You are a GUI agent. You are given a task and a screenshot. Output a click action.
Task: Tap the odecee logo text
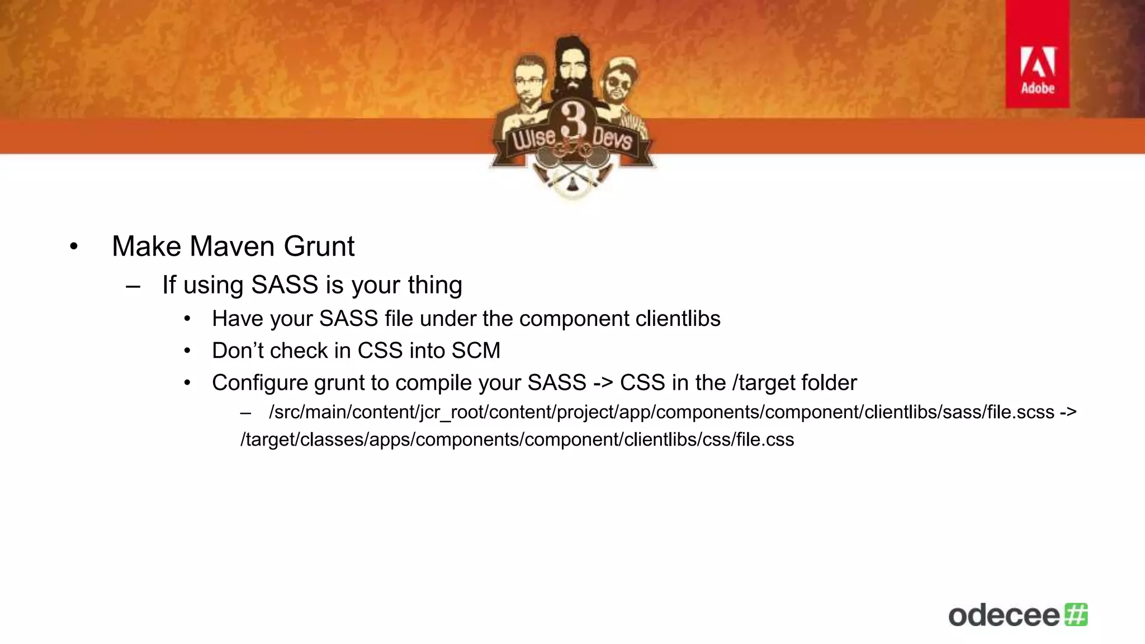point(1004,615)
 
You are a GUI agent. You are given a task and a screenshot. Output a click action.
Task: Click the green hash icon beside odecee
point(1076,614)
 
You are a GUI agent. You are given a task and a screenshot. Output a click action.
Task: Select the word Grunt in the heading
point(319,246)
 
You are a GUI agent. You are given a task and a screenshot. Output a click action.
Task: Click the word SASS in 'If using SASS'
point(285,285)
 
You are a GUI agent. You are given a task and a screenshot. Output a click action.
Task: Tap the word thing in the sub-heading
point(434,285)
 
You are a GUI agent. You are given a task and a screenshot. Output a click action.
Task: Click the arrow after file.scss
point(1067,412)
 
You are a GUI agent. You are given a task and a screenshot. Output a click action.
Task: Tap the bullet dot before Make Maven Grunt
point(74,247)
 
